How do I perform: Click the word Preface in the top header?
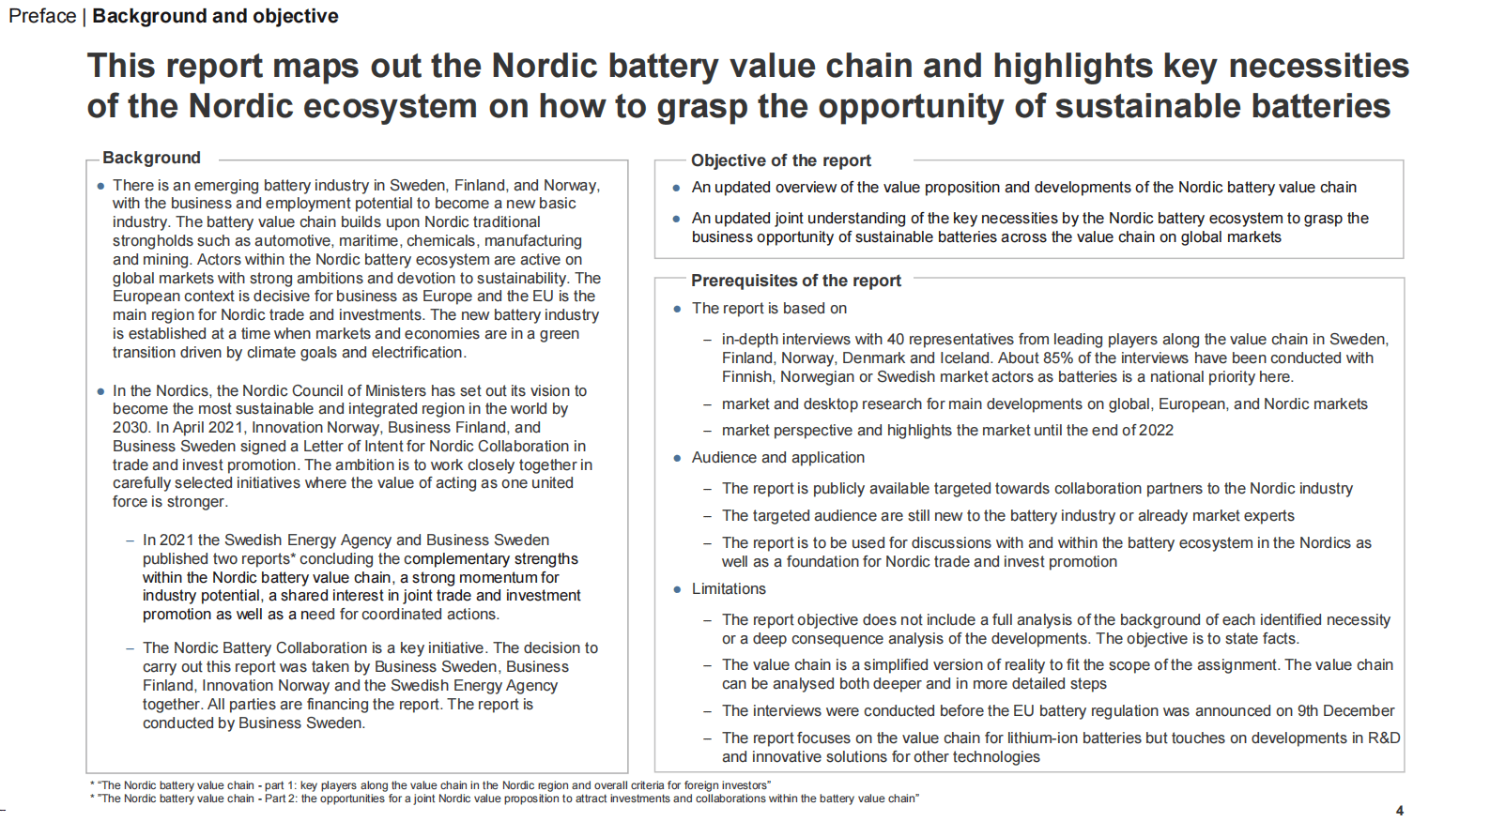(x=42, y=16)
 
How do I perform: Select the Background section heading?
(x=151, y=158)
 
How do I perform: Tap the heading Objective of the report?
(x=780, y=160)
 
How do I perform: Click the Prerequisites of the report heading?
(x=795, y=281)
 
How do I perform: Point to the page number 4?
(x=1399, y=811)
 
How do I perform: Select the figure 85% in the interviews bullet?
(x=1058, y=358)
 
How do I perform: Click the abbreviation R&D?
(x=1383, y=738)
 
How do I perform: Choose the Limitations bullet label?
(x=729, y=588)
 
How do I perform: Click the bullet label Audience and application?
(x=777, y=457)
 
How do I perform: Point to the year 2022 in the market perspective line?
(x=1156, y=430)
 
